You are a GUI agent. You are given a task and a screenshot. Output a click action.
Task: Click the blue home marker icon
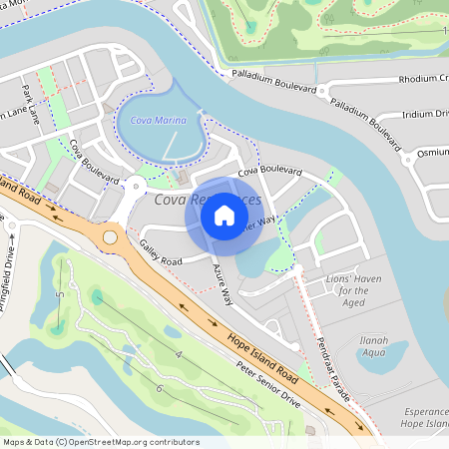[224, 216]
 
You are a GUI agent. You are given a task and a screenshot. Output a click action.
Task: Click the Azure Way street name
[223, 282]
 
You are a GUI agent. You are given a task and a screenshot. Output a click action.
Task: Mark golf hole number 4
[178, 354]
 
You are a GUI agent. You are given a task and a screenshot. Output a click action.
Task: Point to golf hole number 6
[160, 388]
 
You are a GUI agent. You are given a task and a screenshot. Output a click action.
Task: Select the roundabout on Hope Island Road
[109, 237]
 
